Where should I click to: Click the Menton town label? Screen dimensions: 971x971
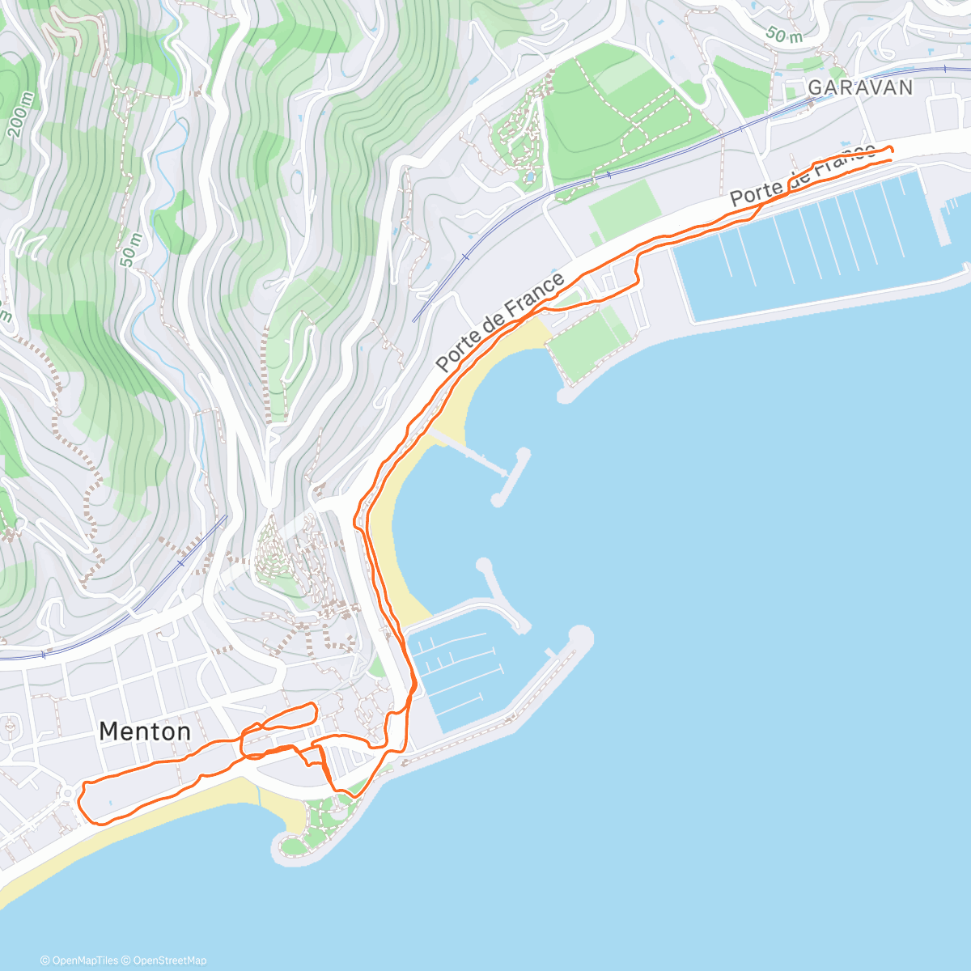[x=145, y=731]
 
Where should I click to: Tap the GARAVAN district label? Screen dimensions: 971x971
[x=860, y=87]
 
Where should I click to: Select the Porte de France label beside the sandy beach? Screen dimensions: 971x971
[x=500, y=323]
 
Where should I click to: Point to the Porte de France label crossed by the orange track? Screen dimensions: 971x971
[x=801, y=174]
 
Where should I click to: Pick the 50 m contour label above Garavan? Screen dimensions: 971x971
[x=784, y=35]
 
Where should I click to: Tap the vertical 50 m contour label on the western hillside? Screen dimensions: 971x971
[x=129, y=251]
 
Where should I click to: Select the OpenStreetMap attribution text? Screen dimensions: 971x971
[x=170, y=960]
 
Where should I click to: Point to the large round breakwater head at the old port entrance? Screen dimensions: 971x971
[x=580, y=637]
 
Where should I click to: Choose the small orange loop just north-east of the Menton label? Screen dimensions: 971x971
[x=279, y=718]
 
